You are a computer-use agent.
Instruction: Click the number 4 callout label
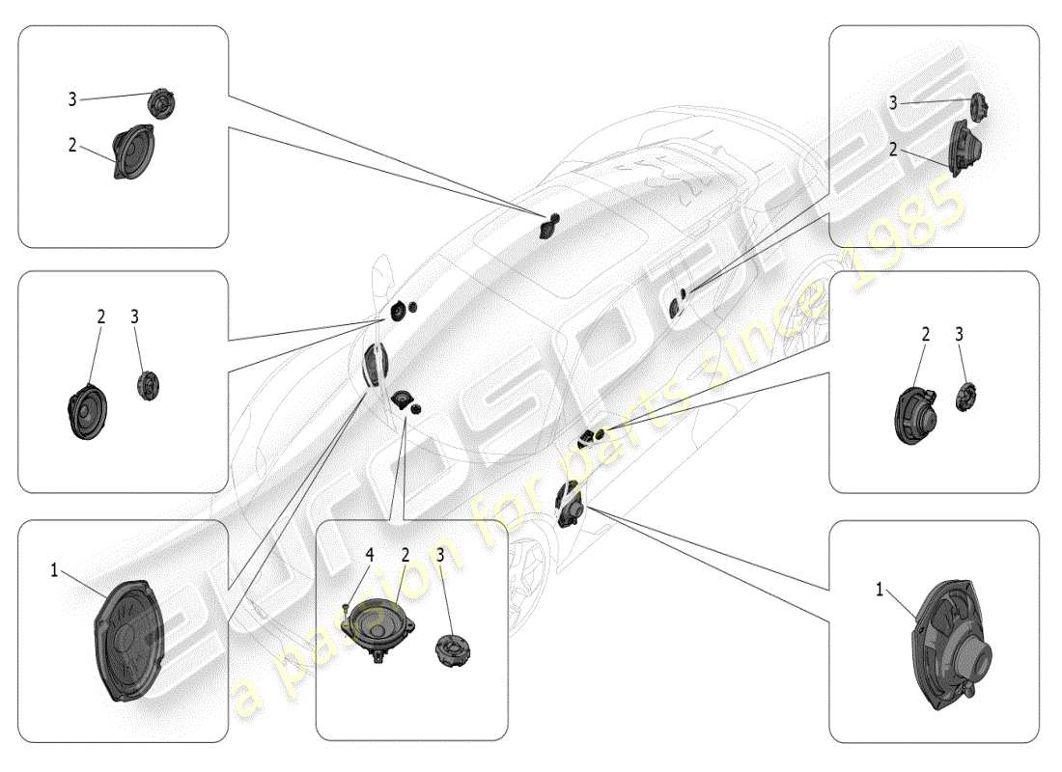[369, 554]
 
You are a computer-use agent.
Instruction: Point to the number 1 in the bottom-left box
[55, 570]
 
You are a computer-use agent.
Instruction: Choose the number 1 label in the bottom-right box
[880, 589]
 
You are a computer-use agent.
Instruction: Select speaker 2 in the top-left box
[132, 152]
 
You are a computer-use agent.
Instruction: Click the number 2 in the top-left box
[72, 145]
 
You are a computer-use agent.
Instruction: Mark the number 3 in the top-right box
[893, 102]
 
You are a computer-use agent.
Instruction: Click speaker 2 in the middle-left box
[88, 412]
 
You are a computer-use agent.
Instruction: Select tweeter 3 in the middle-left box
[148, 385]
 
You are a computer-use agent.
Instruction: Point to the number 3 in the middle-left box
[134, 317]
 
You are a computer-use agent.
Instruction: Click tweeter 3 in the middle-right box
[966, 396]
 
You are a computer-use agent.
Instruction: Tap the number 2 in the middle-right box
[926, 335]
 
